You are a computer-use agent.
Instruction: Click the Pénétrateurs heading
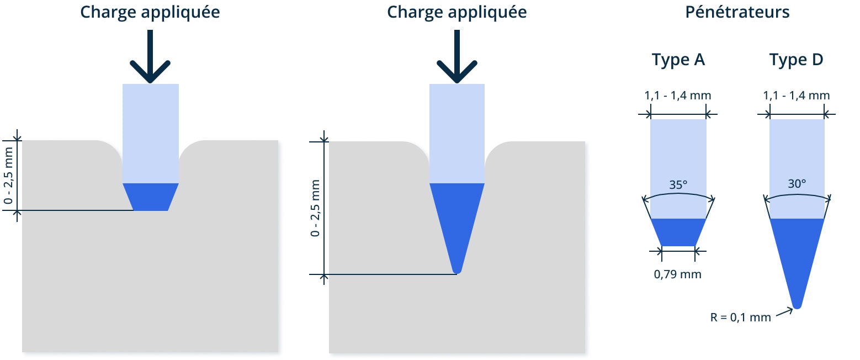point(737,12)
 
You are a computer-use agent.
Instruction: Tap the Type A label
point(678,60)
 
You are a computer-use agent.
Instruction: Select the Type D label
point(797,60)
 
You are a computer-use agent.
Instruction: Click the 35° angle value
point(678,185)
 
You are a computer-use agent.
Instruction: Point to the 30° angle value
point(797,184)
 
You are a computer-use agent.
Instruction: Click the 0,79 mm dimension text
point(678,274)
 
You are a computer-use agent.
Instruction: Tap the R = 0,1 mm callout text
point(741,317)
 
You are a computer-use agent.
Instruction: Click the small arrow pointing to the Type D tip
point(784,313)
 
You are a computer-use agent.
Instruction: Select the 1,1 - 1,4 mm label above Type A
point(678,96)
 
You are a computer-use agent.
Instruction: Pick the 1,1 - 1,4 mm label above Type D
point(797,96)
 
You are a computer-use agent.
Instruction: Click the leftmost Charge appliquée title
point(150,12)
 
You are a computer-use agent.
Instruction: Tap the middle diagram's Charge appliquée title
point(457,12)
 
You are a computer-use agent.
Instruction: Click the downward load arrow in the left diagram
point(150,56)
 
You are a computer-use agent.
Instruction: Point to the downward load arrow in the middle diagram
point(457,56)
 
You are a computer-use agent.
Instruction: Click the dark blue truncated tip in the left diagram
point(151,197)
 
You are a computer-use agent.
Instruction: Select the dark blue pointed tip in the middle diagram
point(457,227)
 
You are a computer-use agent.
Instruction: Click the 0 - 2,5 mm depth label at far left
point(8,176)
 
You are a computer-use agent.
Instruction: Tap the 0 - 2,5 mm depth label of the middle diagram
point(315,208)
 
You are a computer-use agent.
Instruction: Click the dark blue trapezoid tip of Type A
point(678,232)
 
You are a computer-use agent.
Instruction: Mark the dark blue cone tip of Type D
point(797,261)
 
